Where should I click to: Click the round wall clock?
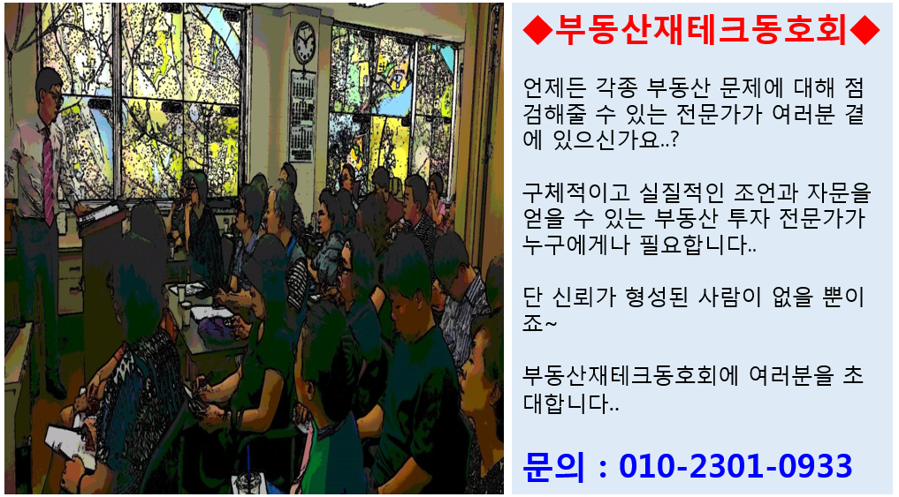point(304,42)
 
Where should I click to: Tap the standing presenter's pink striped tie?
point(48,175)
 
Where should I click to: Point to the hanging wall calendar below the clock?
point(301,116)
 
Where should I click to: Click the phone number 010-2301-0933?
point(735,466)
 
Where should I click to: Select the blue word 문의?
point(553,466)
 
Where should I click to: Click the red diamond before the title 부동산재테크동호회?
point(537,30)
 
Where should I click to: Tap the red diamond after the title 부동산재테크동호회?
point(865,30)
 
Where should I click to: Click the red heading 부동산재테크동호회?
point(701,30)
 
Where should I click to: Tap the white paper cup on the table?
point(185,313)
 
